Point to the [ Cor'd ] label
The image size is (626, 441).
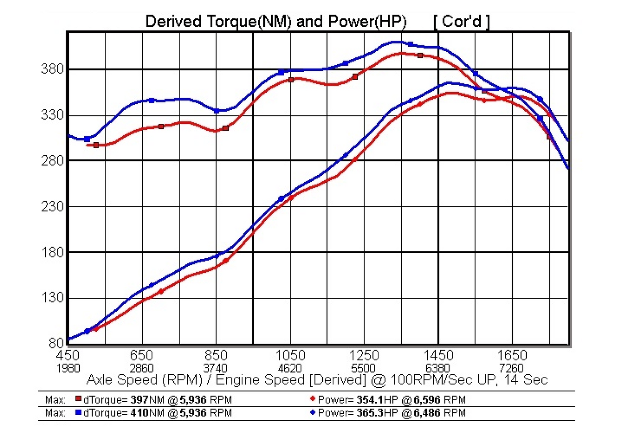coord(461,21)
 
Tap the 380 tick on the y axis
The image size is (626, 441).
coord(53,69)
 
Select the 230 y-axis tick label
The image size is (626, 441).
coord(53,207)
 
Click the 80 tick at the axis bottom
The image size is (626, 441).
coord(56,343)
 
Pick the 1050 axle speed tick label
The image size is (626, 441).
coord(290,355)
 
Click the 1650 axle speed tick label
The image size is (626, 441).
coord(512,355)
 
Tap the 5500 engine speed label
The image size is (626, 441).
coord(363,368)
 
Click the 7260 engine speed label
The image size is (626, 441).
coord(511,368)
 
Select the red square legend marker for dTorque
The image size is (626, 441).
coord(78,399)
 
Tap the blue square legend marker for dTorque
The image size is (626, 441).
coord(78,412)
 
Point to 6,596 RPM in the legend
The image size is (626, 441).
coord(439,400)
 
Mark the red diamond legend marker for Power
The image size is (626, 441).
coord(313,399)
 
